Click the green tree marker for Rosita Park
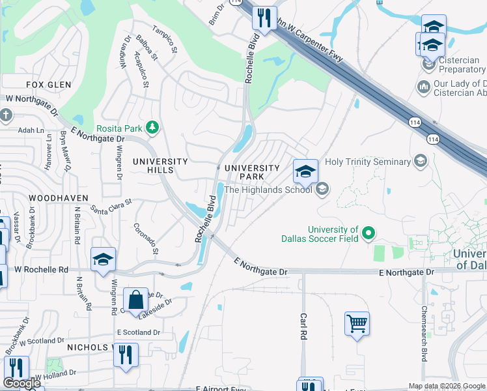click(x=152, y=126)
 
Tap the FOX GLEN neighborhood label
click(x=48, y=85)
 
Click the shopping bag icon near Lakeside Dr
click(x=135, y=300)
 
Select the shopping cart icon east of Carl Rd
click(x=357, y=323)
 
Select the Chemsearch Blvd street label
click(x=424, y=334)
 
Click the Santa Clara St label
click(x=111, y=207)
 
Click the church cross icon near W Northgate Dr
click(x=6, y=116)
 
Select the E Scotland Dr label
click(x=138, y=332)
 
